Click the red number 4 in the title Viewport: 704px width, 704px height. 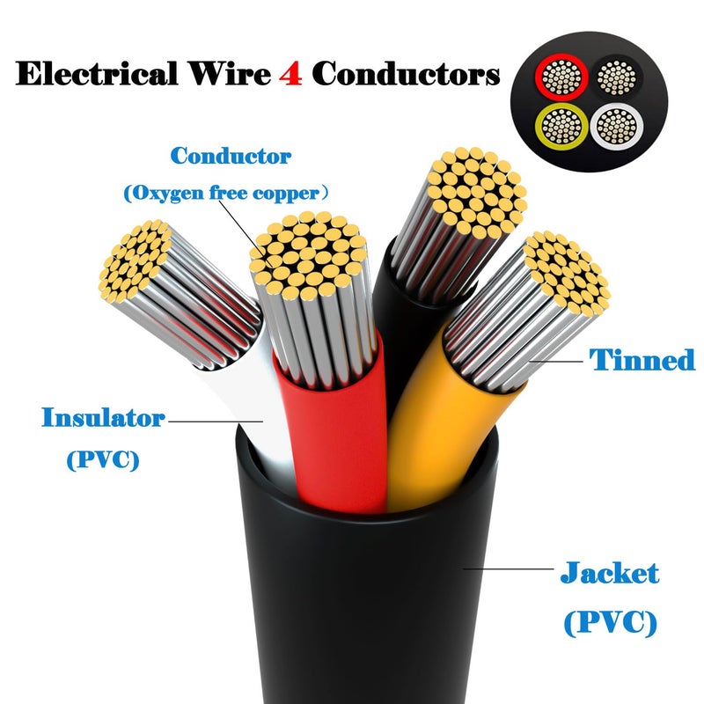point(290,73)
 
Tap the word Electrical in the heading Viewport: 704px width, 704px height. point(97,73)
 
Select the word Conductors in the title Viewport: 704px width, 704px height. point(406,73)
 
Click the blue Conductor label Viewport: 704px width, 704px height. point(231,156)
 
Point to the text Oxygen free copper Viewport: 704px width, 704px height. point(226,193)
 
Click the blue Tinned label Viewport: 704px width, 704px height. point(642,360)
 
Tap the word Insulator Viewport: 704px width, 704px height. point(103,417)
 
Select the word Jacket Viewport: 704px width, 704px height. point(610,573)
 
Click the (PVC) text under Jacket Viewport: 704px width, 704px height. point(610,622)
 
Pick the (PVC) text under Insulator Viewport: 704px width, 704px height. point(103,459)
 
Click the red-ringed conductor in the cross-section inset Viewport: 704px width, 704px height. point(561,77)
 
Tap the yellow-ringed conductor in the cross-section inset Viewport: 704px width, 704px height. point(561,127)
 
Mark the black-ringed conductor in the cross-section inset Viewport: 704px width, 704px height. point(617,77)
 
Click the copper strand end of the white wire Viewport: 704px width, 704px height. point(135,260)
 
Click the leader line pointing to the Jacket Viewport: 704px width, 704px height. point(508,568)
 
